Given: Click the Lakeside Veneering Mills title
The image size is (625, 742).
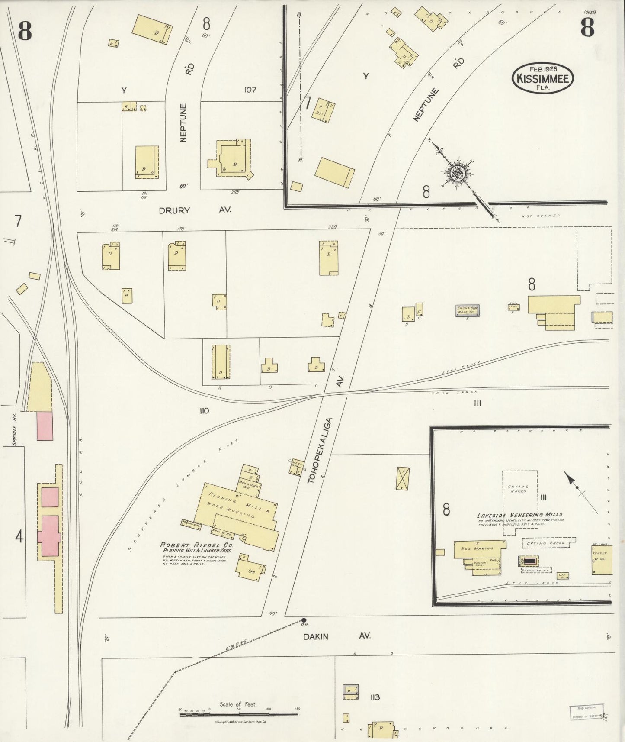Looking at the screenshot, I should pos(519,515).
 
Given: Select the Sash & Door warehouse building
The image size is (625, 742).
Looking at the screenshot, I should pos(467,310).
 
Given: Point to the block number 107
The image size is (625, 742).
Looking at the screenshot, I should pos(250,90).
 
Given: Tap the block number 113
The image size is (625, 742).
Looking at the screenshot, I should pos(375,697).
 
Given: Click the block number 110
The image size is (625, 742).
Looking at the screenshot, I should pos(204,410).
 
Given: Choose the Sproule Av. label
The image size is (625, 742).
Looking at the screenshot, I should pos(15,429).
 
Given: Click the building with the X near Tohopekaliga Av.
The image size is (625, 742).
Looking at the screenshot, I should pos(403,479).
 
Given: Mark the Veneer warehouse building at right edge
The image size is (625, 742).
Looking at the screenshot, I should pos(602,559).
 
